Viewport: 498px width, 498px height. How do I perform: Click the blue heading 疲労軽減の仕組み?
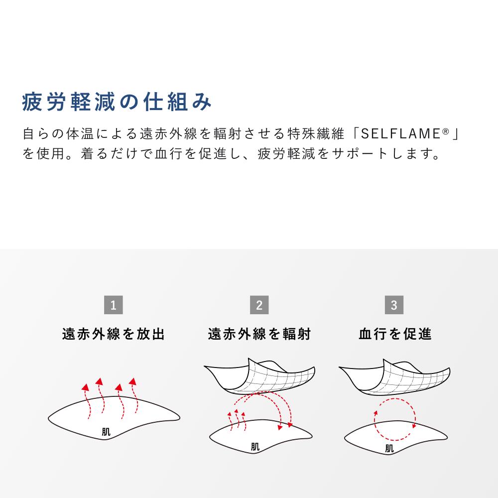click(x=117, y=102)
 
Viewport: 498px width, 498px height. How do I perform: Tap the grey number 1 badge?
click(x=114, y=305)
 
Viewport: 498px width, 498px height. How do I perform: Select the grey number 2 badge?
click(x=259, y=305)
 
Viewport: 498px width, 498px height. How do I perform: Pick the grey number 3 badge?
click(x=394, y=305)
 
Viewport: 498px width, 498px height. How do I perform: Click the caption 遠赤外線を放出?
click(x=114, y=334)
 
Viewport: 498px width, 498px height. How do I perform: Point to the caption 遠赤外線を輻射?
click(x=259, y=334)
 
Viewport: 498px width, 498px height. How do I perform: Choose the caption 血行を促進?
click(x=395, y=334)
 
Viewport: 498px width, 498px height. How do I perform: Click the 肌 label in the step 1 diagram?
click(x=106, y=432)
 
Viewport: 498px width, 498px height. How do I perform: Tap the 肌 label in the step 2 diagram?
click(x=255, y=447)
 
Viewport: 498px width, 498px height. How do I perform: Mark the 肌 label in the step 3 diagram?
click(x=389, y=449)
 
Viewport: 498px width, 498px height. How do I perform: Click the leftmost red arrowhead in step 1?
click(x=85, y=387)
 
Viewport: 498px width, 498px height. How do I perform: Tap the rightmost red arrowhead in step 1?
click(x=133, y=381)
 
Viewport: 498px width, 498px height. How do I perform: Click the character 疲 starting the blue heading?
click(x=32, y=102)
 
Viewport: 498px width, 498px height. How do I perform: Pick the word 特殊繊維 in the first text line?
click(x=316, y=133)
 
